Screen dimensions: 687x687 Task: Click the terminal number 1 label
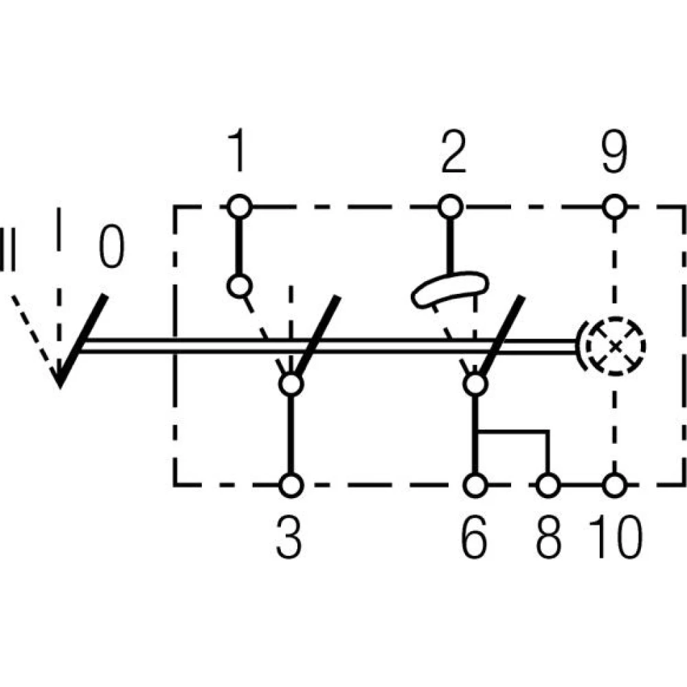[237, 152]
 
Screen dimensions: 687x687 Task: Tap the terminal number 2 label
[453, 152]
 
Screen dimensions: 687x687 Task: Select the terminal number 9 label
[613, 152]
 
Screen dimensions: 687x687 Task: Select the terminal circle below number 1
[239, 205]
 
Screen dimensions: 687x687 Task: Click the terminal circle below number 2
[450, 205]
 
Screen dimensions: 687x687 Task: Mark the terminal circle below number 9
[615, 205]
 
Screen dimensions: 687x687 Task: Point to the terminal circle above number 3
[291, 484]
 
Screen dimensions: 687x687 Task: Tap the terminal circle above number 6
[475, 484]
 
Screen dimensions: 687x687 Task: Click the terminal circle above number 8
[548, 484]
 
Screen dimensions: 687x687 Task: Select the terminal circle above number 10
[615, 484]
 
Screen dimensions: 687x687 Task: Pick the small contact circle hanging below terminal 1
[238, 285]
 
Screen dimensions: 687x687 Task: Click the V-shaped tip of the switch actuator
[60, 381]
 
